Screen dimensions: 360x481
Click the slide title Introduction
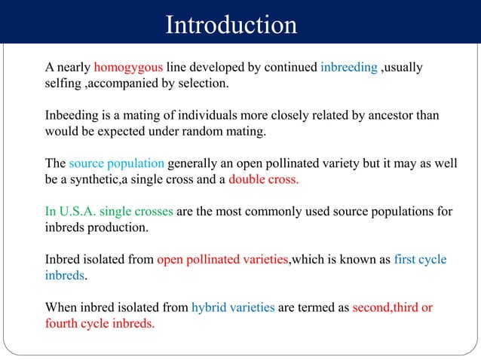tap(231, 25)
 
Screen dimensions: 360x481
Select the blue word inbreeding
tap(348, 68)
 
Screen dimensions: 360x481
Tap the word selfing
tap(63, 83)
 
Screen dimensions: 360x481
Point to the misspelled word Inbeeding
tap(72, 115)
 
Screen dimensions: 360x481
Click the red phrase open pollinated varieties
tap(222, 260)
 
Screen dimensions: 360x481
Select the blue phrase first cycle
tap(420, 260)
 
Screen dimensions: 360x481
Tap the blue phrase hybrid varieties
tap(233, 308)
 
